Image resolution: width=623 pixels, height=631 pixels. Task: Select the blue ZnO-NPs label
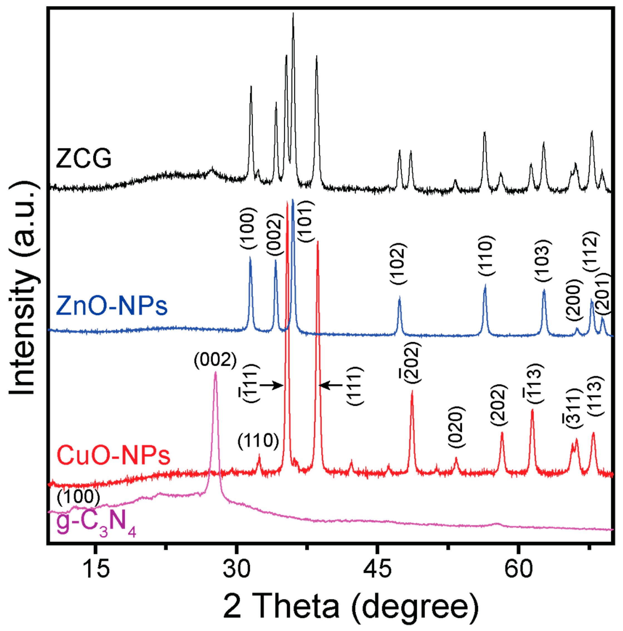click(x=112, y=306)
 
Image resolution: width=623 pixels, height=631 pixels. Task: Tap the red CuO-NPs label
click(x=113, y=456)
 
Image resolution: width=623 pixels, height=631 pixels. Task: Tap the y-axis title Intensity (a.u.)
click(x=23, y=287)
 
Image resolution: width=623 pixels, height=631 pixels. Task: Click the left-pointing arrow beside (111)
click(x=330, y=385)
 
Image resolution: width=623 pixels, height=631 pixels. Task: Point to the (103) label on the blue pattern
click(x=543, y=260)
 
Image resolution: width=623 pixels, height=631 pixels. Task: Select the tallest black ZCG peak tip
click(x=293, y=14)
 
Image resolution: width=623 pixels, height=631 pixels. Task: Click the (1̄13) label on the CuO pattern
click(x=533, y=381)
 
